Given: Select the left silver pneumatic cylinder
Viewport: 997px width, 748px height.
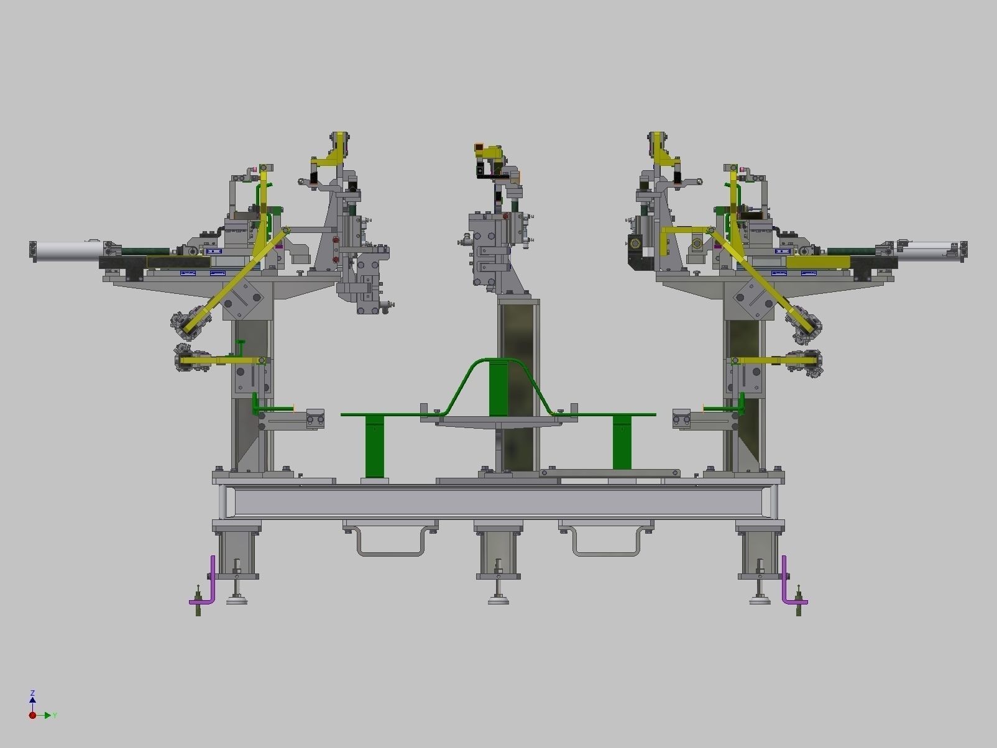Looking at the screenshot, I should point(68,250).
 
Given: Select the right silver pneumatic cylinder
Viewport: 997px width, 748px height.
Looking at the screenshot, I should point(929,250).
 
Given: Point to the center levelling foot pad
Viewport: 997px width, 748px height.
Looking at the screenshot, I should point(498,600).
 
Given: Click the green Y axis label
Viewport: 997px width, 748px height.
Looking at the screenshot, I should point(55,716).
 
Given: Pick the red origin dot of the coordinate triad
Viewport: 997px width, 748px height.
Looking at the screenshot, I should point(32,715).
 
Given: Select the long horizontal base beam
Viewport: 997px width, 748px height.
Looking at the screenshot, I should point(497,502).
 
